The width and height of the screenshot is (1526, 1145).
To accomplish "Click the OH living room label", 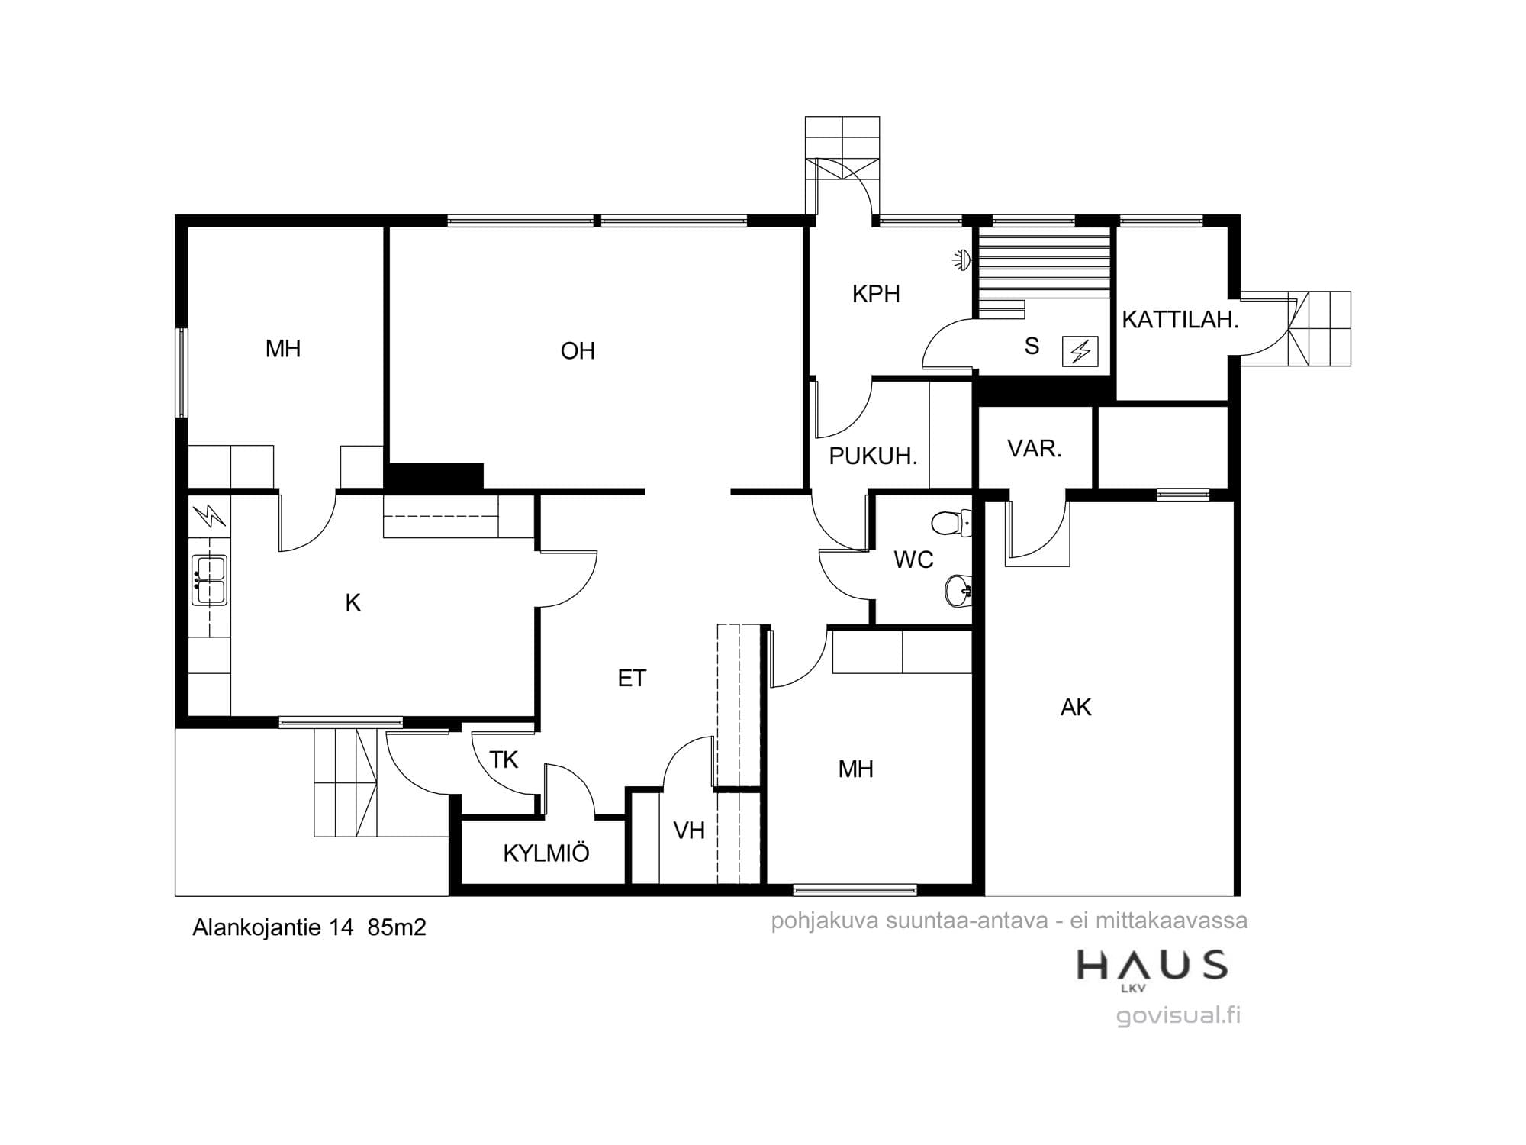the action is [578, 351].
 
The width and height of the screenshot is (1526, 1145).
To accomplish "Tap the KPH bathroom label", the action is [876, 294].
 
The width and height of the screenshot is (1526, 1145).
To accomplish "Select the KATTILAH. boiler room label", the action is [1180, 320].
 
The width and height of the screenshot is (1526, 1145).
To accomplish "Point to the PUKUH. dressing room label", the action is [873, 456].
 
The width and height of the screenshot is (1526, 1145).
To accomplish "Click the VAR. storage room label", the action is [1035, 449].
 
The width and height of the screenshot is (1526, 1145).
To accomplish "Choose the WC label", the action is [913, 560].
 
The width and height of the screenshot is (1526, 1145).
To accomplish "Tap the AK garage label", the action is [1076, 708].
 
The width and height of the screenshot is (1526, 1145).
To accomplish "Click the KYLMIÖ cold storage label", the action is [546, 853].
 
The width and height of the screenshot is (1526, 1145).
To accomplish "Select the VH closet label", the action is [689, 831].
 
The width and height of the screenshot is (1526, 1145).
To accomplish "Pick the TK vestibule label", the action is [504, 760].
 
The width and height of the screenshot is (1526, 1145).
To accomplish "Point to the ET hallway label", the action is [632, 678].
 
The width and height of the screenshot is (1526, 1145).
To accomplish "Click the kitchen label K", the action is [353, 603].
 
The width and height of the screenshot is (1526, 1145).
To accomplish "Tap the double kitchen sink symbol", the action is [209, 580].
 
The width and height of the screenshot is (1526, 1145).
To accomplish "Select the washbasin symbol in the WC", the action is [958, 590].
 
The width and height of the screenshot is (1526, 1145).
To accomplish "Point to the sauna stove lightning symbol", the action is [1080, 351].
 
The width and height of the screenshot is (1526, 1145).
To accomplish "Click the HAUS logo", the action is [1152, 969].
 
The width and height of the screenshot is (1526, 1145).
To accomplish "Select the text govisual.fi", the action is [1178, 1016].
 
